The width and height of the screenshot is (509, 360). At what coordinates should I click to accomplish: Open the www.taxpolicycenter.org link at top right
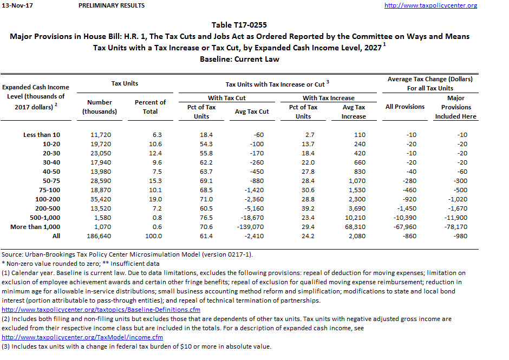point(430,5)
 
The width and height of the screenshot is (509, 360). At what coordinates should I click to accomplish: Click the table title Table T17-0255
point(239,25)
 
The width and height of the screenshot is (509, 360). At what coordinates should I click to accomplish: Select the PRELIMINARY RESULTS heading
point(112,5)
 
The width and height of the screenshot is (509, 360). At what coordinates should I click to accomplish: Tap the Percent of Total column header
point(150,107)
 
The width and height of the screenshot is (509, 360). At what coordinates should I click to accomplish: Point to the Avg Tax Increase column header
point(354,112)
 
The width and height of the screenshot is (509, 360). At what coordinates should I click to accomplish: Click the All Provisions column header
point(405,107)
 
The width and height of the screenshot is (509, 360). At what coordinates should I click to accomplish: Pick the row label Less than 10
point(42,134)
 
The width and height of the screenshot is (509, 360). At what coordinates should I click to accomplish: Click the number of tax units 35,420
point(100,199)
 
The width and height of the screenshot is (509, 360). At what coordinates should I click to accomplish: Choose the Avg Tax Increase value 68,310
point(354,227)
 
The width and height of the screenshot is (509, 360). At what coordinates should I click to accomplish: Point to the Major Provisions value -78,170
point(455,227)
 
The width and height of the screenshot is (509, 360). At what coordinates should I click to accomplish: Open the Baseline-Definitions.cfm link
point(101,310)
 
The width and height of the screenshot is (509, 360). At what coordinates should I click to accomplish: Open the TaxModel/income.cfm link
point(90,337)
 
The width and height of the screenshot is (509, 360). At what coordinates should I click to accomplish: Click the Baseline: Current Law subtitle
point(239,58)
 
